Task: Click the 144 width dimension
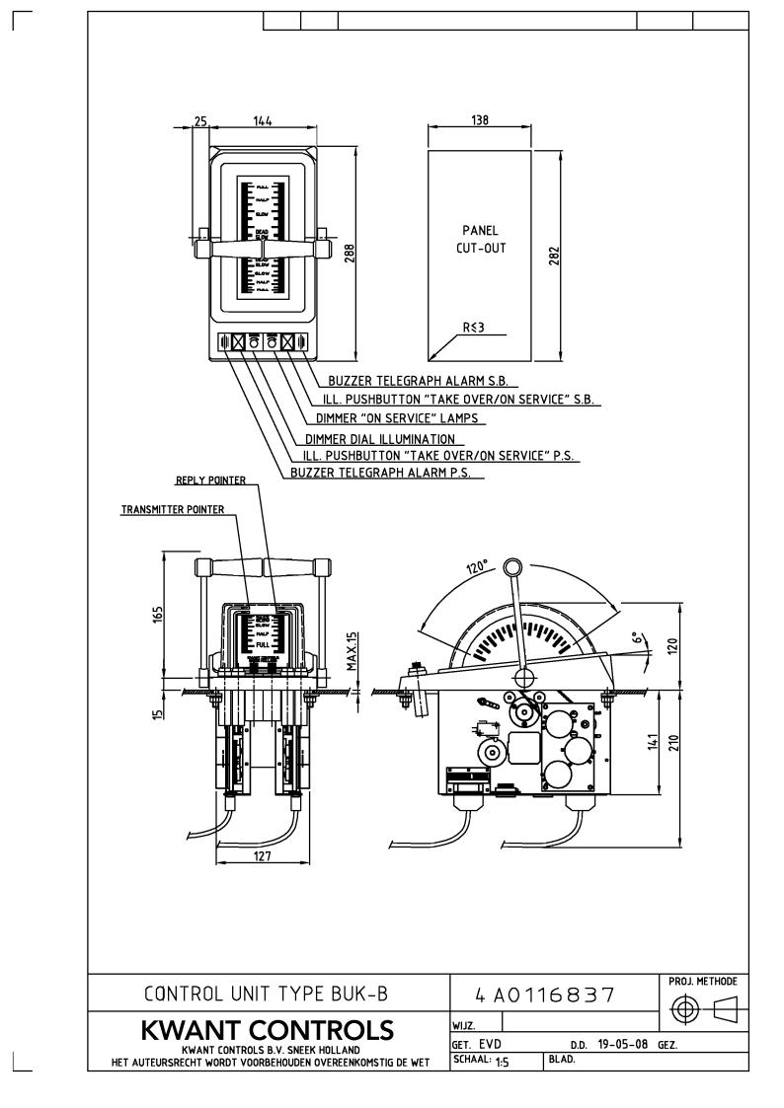coord(262,120)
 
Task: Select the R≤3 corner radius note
coord(475,326)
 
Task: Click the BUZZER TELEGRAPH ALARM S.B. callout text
coord(422,380)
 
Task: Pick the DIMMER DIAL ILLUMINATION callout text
coord(380,438)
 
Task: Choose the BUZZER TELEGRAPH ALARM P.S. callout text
coord(380,474)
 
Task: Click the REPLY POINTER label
coord(209,481)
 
